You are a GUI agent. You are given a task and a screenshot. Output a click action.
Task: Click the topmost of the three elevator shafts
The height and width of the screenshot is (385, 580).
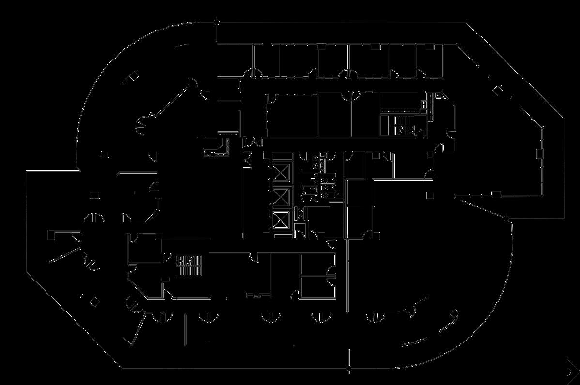(x=281, y=174)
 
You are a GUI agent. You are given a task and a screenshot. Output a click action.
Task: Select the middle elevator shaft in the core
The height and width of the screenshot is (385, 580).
(x=281, y=198)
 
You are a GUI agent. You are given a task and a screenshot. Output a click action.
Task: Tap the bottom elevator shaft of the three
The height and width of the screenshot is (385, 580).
(x=281, y=220)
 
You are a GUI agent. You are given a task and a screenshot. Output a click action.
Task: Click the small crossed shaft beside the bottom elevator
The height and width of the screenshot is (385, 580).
(x=300, y=213)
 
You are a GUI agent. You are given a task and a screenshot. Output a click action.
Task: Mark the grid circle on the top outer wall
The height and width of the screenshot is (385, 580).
(x=217, y=22)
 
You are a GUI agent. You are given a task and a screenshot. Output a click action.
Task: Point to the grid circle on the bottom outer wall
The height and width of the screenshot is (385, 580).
(x=349, y=369)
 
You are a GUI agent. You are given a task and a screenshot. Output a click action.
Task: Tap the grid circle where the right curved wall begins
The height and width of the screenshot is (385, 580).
(x=507, y=219)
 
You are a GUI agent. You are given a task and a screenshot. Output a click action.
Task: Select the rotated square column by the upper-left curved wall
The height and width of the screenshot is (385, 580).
(x=134, y=76)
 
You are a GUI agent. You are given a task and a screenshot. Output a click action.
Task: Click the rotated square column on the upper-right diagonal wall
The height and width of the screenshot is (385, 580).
(x=497, y=90)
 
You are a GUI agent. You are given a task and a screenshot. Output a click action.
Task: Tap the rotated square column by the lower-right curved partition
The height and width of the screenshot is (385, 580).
(x=455, y=314)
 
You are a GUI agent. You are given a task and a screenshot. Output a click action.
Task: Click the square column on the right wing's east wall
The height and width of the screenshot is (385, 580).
(x=540, y=153)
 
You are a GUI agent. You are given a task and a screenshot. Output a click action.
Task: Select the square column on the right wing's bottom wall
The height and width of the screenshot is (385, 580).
(x=496, y=194)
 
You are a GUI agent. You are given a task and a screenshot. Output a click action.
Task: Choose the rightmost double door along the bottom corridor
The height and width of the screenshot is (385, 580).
(x=375, y=317)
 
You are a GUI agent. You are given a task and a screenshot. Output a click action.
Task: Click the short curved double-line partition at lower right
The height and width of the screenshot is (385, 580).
(x=421, y=339)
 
